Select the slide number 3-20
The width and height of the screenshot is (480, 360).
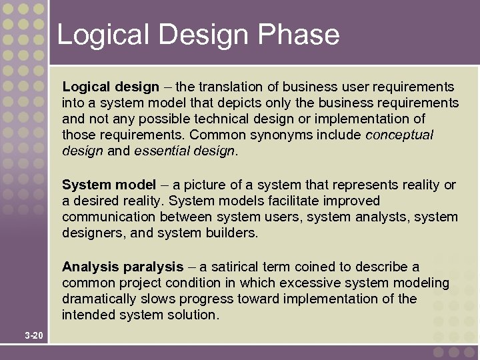[33, 335]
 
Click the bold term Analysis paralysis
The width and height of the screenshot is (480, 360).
[123, 267]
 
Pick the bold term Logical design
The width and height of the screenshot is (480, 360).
[111, 87]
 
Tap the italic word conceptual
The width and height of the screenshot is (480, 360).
[399, 135]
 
